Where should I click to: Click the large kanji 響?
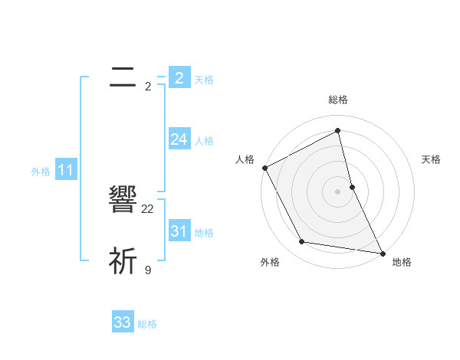point(123,201)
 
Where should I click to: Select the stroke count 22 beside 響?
point(148,208)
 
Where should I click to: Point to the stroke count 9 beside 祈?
point(148,270)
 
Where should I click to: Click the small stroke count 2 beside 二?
point(148,87)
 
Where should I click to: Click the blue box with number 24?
point(179,139)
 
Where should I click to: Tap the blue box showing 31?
point(179,231)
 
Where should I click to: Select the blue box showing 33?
point(123,322)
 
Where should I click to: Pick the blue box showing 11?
point(66,170)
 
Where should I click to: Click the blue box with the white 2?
point(179,77)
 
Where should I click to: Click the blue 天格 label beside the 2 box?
point(204,79)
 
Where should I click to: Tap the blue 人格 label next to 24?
point(204,141)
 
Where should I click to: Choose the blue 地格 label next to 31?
point(204,233)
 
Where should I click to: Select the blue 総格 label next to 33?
point(147,324)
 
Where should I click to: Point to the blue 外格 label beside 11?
point(41,172)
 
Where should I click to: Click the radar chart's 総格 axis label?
point(338,100)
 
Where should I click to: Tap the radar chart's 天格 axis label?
point(432,159)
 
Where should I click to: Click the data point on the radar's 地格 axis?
point(382,253)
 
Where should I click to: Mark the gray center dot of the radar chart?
point(338,191)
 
